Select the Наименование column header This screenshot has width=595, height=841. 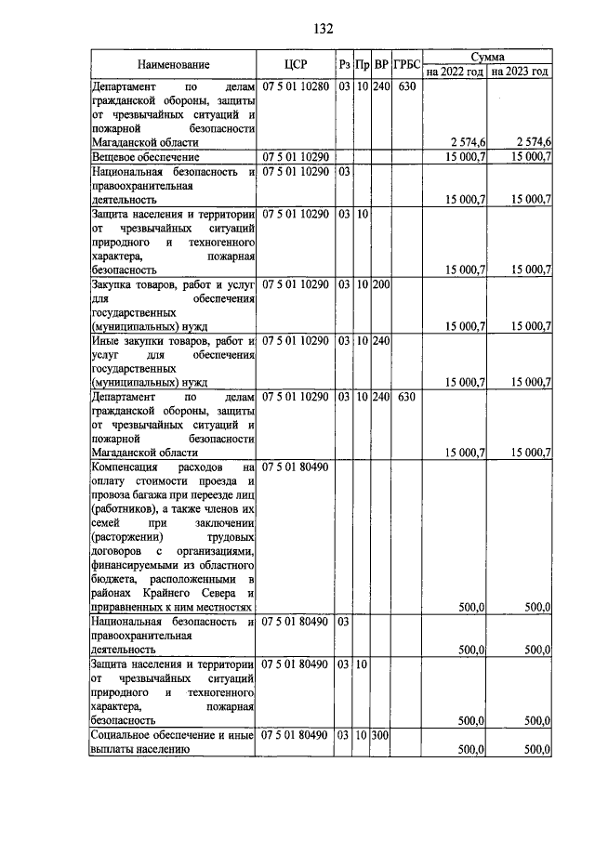click(174, 65)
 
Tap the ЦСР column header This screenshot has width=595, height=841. click(295, 65)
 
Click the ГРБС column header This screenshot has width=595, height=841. click(406, 65)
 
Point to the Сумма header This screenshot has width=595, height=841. click(487, 58)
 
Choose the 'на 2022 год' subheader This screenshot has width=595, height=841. click(455, 72)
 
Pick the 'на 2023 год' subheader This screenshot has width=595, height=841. click(520, 72)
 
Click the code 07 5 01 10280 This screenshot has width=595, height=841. click(295, 86)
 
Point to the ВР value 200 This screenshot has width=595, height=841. click(381, 283)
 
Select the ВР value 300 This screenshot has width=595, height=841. click(381, 735)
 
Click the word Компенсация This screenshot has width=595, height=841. click(127, 466)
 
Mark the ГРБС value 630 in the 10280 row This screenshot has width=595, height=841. click(405, 86)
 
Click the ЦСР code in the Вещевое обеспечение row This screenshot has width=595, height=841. click(295, 158)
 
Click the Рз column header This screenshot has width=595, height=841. click(344, 65)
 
